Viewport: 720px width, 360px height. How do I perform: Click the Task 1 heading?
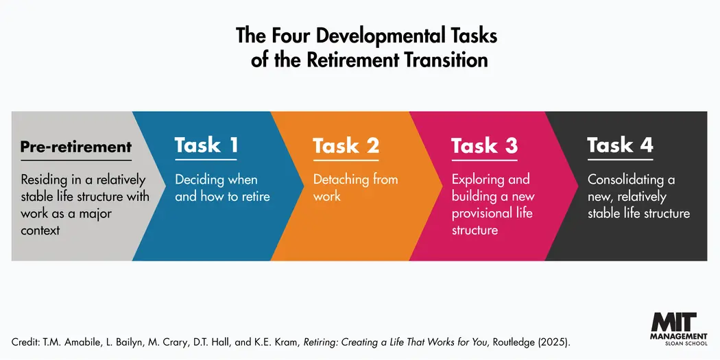click(x=206, y=145)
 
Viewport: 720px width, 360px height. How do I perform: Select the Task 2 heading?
click(x=346, y=145)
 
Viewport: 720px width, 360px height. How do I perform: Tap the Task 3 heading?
click(x=484, y=145)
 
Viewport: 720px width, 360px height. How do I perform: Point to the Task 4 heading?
click(x=620, y=145)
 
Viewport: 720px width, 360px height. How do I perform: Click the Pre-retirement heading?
click(x=75, y=146)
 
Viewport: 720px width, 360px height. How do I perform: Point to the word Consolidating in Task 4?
click(x=626, y=180)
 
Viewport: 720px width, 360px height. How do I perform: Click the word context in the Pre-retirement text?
click(x=40, y=230)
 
